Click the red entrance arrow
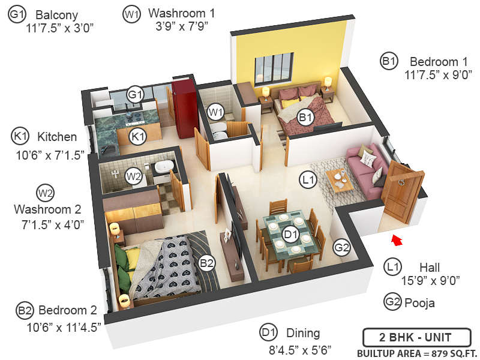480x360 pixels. click(396, 241)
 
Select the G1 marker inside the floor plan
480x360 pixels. click(136, 95)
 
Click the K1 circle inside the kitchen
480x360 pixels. click(139, 136)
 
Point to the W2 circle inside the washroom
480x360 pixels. click(133, 176)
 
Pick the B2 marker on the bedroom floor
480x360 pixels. click(207, 262)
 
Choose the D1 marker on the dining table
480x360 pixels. click(291, 233)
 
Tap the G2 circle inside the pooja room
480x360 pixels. click(342, 247)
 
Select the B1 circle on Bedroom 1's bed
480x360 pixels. click(306, 118)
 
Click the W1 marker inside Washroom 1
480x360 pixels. click(215, 112)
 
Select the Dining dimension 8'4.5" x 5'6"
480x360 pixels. click(300, 348)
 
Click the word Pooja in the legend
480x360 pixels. click(420, 303)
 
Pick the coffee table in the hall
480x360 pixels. click(338, 179)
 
